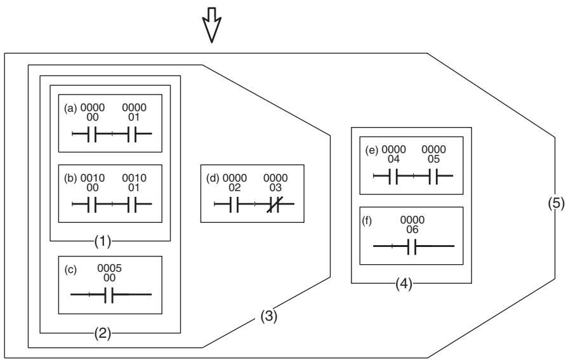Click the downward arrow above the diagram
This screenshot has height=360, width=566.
pos(211,25)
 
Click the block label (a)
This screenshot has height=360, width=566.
pos(70,108)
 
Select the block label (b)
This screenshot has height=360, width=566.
pos(70,178)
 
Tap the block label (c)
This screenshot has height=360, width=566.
pos(70,269)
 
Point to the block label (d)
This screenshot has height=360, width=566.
pos(213,178)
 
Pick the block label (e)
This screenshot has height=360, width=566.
pos(371,150)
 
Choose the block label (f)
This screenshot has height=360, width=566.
pos(367,220)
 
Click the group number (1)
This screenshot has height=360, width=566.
pos(103,241)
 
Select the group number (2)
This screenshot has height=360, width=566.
pos(103,333)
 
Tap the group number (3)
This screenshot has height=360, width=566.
pos(269,316)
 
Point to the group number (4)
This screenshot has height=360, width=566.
pos(404,284)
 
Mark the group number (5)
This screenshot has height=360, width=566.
pos(556,204)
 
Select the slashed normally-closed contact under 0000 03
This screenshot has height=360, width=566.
pos(275,204)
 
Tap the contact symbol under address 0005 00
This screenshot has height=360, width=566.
pos(109,295)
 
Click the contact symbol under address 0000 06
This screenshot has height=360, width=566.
pos(412,246)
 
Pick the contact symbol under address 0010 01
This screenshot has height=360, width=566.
pos(133,204)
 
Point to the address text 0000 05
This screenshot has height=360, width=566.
pos(433,154)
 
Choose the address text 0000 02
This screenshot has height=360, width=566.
pos(235,183)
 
